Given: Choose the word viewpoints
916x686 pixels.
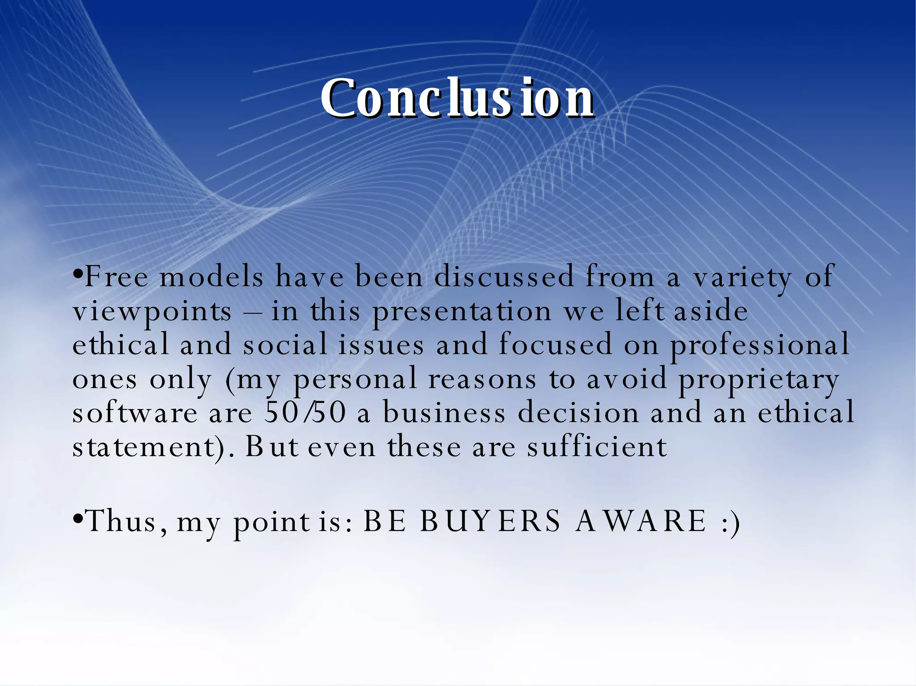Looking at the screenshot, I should click(x=152, y=312).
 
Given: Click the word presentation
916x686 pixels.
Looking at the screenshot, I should click(x=462, y=312).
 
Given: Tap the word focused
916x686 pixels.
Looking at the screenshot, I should click(x=555, y=345).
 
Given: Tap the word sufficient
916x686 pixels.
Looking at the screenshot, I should click(x=597, y=446).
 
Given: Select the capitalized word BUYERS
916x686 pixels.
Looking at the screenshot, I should click(x=490, y=521).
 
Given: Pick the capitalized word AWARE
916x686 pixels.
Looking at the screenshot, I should click(x=641, y=521).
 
